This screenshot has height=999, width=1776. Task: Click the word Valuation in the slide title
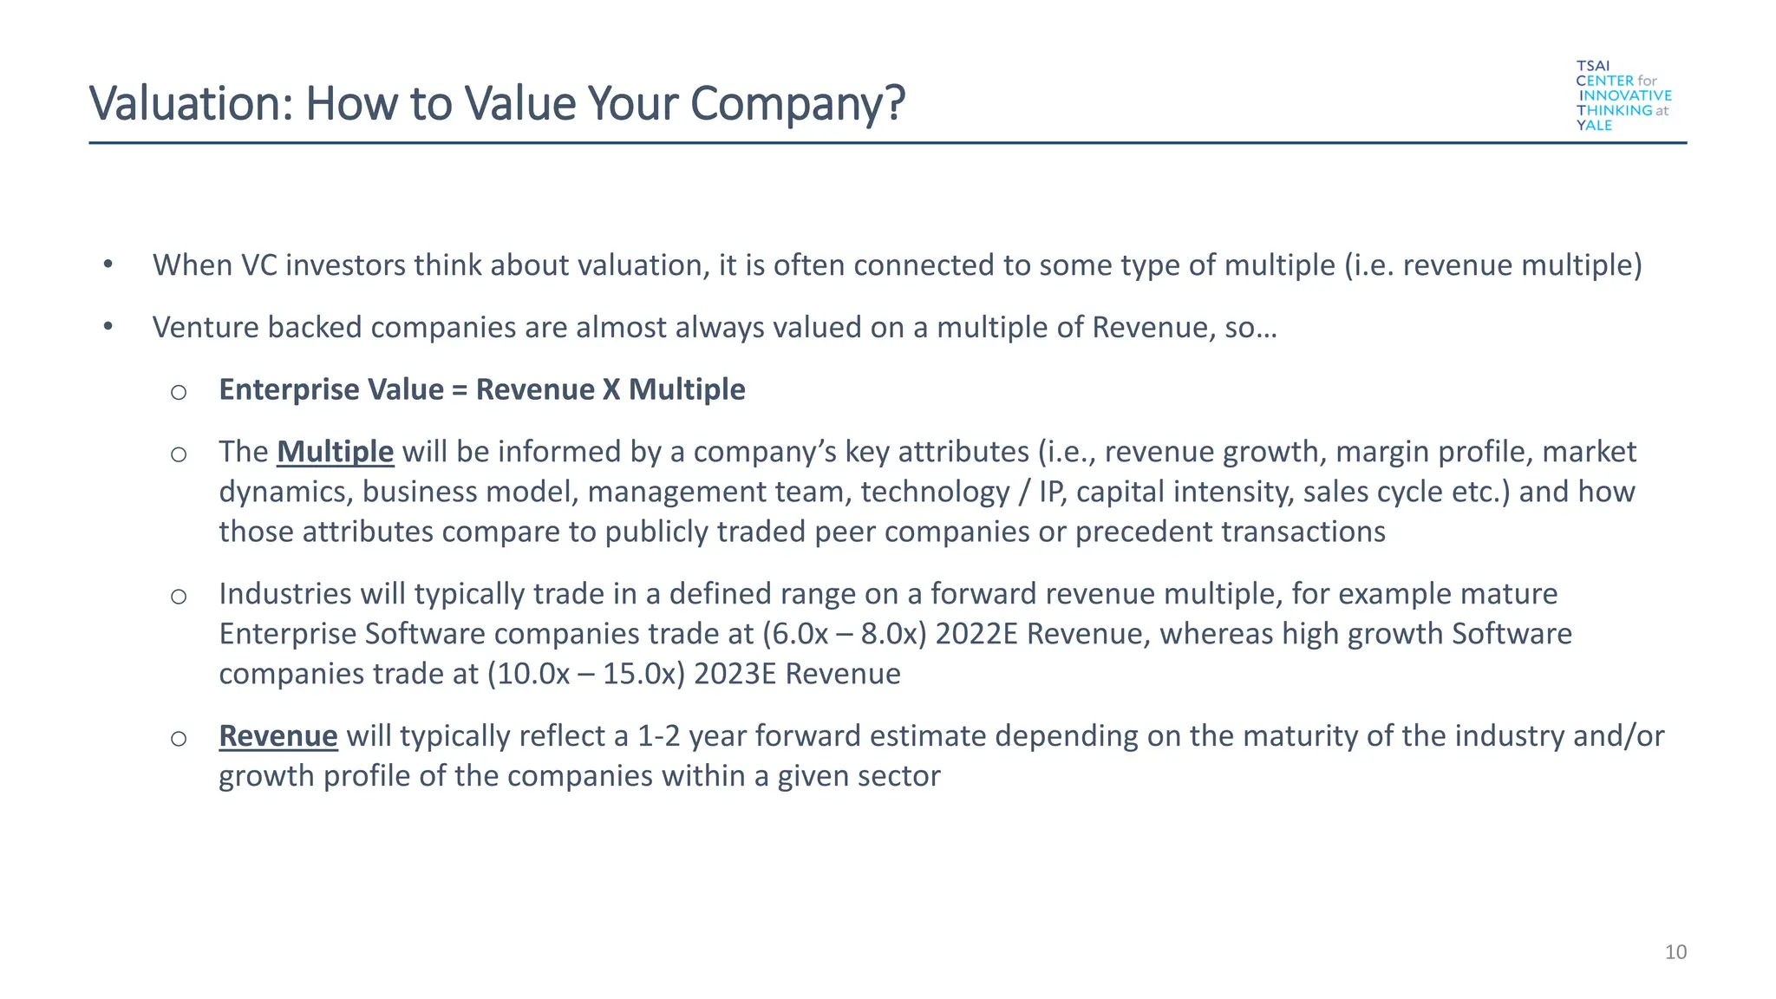[180, 103]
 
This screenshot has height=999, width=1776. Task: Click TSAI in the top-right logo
[1593, 66]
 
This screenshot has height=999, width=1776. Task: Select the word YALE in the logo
[1594, 126]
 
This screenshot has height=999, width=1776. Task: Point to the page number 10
[1675, 952]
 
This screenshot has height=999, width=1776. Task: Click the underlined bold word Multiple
[335, 452]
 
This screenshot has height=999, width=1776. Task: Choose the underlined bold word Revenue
[277, 736]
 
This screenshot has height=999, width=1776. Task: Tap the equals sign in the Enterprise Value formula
[460, 390]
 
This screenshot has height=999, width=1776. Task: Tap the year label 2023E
[735, 674]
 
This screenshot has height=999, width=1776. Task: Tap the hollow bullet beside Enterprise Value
[179, 392]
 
